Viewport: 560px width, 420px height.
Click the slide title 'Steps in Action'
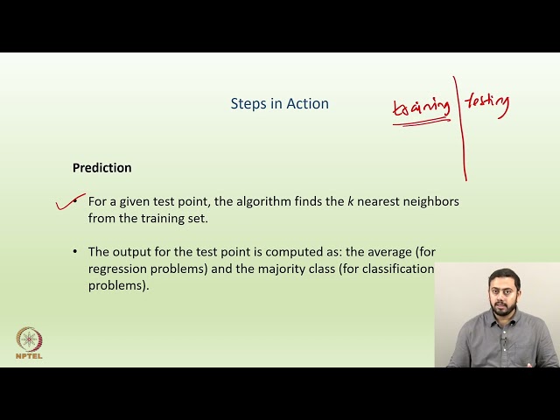(279, 103)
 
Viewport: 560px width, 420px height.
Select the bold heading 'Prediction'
(101, 167)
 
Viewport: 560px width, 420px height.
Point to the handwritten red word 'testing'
(486, 101)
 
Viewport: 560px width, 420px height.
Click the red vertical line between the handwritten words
(460, 131)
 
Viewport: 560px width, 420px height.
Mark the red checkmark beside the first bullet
(68, 204)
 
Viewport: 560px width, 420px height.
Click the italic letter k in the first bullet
(351, 201)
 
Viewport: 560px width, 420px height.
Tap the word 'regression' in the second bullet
(118, 268)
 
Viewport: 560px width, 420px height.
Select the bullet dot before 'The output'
(76, 251)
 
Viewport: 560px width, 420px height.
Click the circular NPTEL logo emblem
(29, 339)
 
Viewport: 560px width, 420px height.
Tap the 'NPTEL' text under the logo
(29, 356)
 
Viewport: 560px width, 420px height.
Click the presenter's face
(505, 295)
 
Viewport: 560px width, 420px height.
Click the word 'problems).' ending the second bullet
(118, 284)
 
